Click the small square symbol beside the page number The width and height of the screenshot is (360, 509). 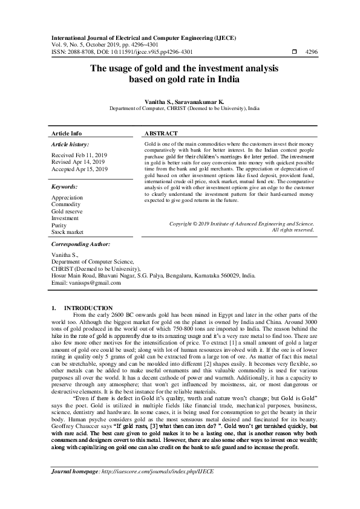pyautogui.click(x=294, y=53)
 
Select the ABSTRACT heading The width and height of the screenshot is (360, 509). pyautogui.click(x=162, y=133)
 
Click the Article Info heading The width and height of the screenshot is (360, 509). pyautogui.click(x=67, y=133)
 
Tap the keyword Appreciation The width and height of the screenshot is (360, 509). pyautogui.click(x=67, y=198)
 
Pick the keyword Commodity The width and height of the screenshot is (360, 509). pyautogui.click(x=65, y=204)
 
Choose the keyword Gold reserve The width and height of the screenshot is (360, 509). pyautogui.click(x=68, y=212)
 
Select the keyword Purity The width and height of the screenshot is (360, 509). pyautogui.click(x=59, y=225)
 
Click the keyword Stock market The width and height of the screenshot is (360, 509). pyautogui.click(x=67, y=232)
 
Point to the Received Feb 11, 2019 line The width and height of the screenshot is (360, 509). pyautogui.click(x=79, y=155)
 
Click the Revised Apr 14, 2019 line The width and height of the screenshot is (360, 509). pyautogui.click(x=78, y=162)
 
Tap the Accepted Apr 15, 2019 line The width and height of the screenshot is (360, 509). pyautogui.click(x=79, y=169)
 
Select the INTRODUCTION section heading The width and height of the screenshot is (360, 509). pyautogui.click(x=88, y=308)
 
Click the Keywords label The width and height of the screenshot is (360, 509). pyautogui.click(x=65, y=187)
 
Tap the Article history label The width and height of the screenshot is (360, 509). pyautogui.click(x=70, y=145)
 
